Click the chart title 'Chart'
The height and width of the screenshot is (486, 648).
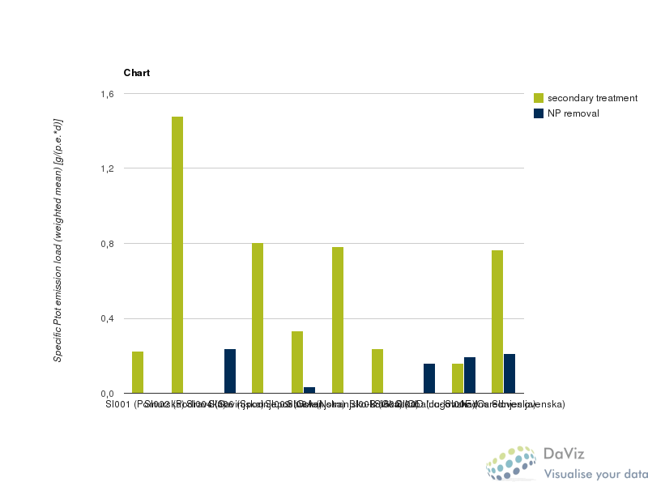[136, 73]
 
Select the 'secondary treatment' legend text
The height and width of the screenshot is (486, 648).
[592, 98]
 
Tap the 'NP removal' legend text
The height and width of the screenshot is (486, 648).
[573, 113]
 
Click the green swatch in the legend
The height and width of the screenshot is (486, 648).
[539, 98]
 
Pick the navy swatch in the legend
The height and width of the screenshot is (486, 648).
[539, 113]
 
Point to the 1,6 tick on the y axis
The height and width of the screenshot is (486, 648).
[107, 94]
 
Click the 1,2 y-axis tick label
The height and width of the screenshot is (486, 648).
[107, 168]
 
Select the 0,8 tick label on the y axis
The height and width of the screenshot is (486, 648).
[107, 244]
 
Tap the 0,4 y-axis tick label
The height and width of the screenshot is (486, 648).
[107, 318]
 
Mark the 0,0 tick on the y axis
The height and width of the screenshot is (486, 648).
[107, 393]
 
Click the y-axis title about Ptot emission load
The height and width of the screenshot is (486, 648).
[58, 239]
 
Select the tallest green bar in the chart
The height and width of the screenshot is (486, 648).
[177, 254]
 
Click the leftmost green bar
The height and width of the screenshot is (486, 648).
[138, 372]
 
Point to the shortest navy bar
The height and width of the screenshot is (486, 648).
[309, 390]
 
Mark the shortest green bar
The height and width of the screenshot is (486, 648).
[458, 378]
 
